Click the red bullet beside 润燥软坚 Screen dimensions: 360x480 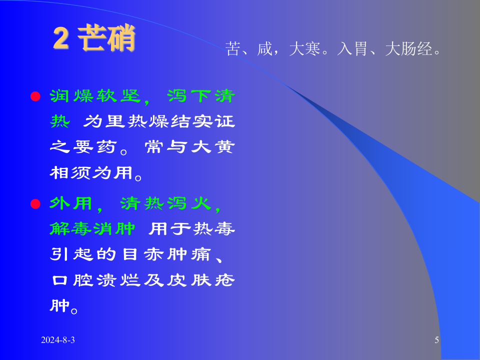pos(35,96)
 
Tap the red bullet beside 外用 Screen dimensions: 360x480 pos(35,203)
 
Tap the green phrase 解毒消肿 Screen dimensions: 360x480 pos(93,229)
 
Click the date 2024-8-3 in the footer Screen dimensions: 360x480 pos(58,340)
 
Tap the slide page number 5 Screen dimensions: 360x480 pos(437,340)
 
